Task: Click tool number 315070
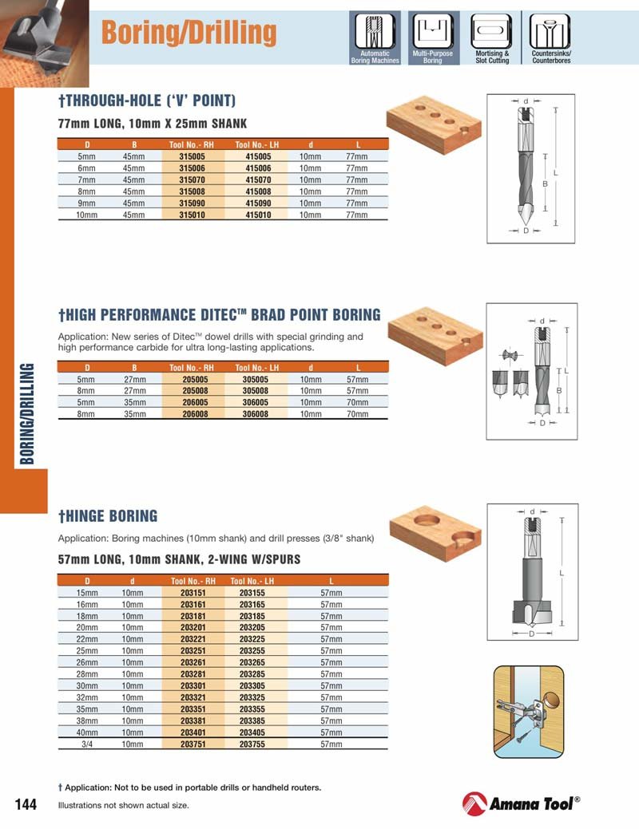pos(192,180)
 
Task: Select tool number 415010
pos(258,215)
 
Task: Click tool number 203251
pos(192,651)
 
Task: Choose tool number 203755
pos(252,744)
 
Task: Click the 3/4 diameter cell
pos(87,744)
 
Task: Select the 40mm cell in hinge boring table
pos(87,732)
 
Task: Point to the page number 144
pos(26,804)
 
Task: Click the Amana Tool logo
pos(521,803)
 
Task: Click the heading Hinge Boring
pos(108,516)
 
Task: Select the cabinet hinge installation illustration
pos(529,712)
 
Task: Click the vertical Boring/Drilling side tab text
pos(26,414)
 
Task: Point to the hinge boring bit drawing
pos(532,572)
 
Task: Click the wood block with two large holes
pos(435,532)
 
